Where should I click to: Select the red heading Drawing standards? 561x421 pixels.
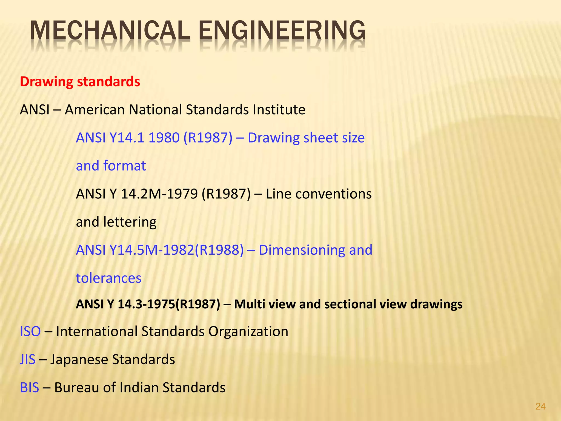pos(80,82)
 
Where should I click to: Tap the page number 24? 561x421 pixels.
pos(540,406)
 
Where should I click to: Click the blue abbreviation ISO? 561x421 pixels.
pos(30,331)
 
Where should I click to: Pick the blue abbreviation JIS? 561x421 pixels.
pos(28,359)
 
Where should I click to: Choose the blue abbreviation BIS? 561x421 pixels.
pos(29,388)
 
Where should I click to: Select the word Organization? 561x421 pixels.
pos(248,331)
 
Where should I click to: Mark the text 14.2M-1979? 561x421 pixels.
pos(159,194)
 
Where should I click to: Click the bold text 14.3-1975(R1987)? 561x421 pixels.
pos(169,304)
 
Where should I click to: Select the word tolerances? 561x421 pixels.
pos(108,278)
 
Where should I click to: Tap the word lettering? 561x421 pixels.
pos(130,222)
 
